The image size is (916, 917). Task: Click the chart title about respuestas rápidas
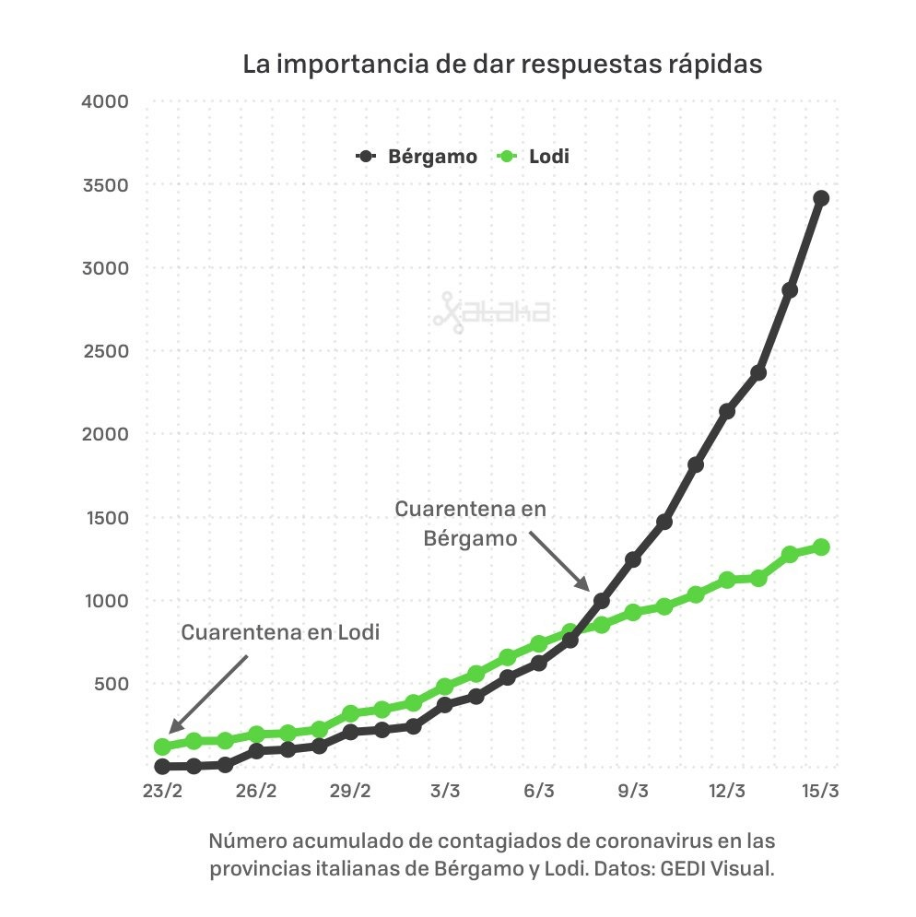click(x=502, y=65)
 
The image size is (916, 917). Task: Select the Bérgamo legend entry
click(x=417, y=157)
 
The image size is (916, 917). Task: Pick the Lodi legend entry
click(x=534, y=157)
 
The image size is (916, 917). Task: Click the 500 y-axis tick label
click(x=114, y=684)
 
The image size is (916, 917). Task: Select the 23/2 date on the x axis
click(x=162, y=792)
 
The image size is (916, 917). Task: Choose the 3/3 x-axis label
click(x=445, y=792)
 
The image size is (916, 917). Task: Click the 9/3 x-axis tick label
click(x=633, y=792)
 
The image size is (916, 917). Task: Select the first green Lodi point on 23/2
click(x=162, y=747)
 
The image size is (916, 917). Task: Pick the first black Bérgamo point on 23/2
click(x=162, y=766)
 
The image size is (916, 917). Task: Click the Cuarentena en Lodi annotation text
click(x=280, y=633)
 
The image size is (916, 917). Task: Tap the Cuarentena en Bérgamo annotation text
click(x=470, y=523)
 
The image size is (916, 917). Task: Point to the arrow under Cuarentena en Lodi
click(x=208, y=694)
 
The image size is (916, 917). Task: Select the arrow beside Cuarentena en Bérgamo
click(x=558, y=561)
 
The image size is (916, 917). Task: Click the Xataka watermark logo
click(x=491, y=312)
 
